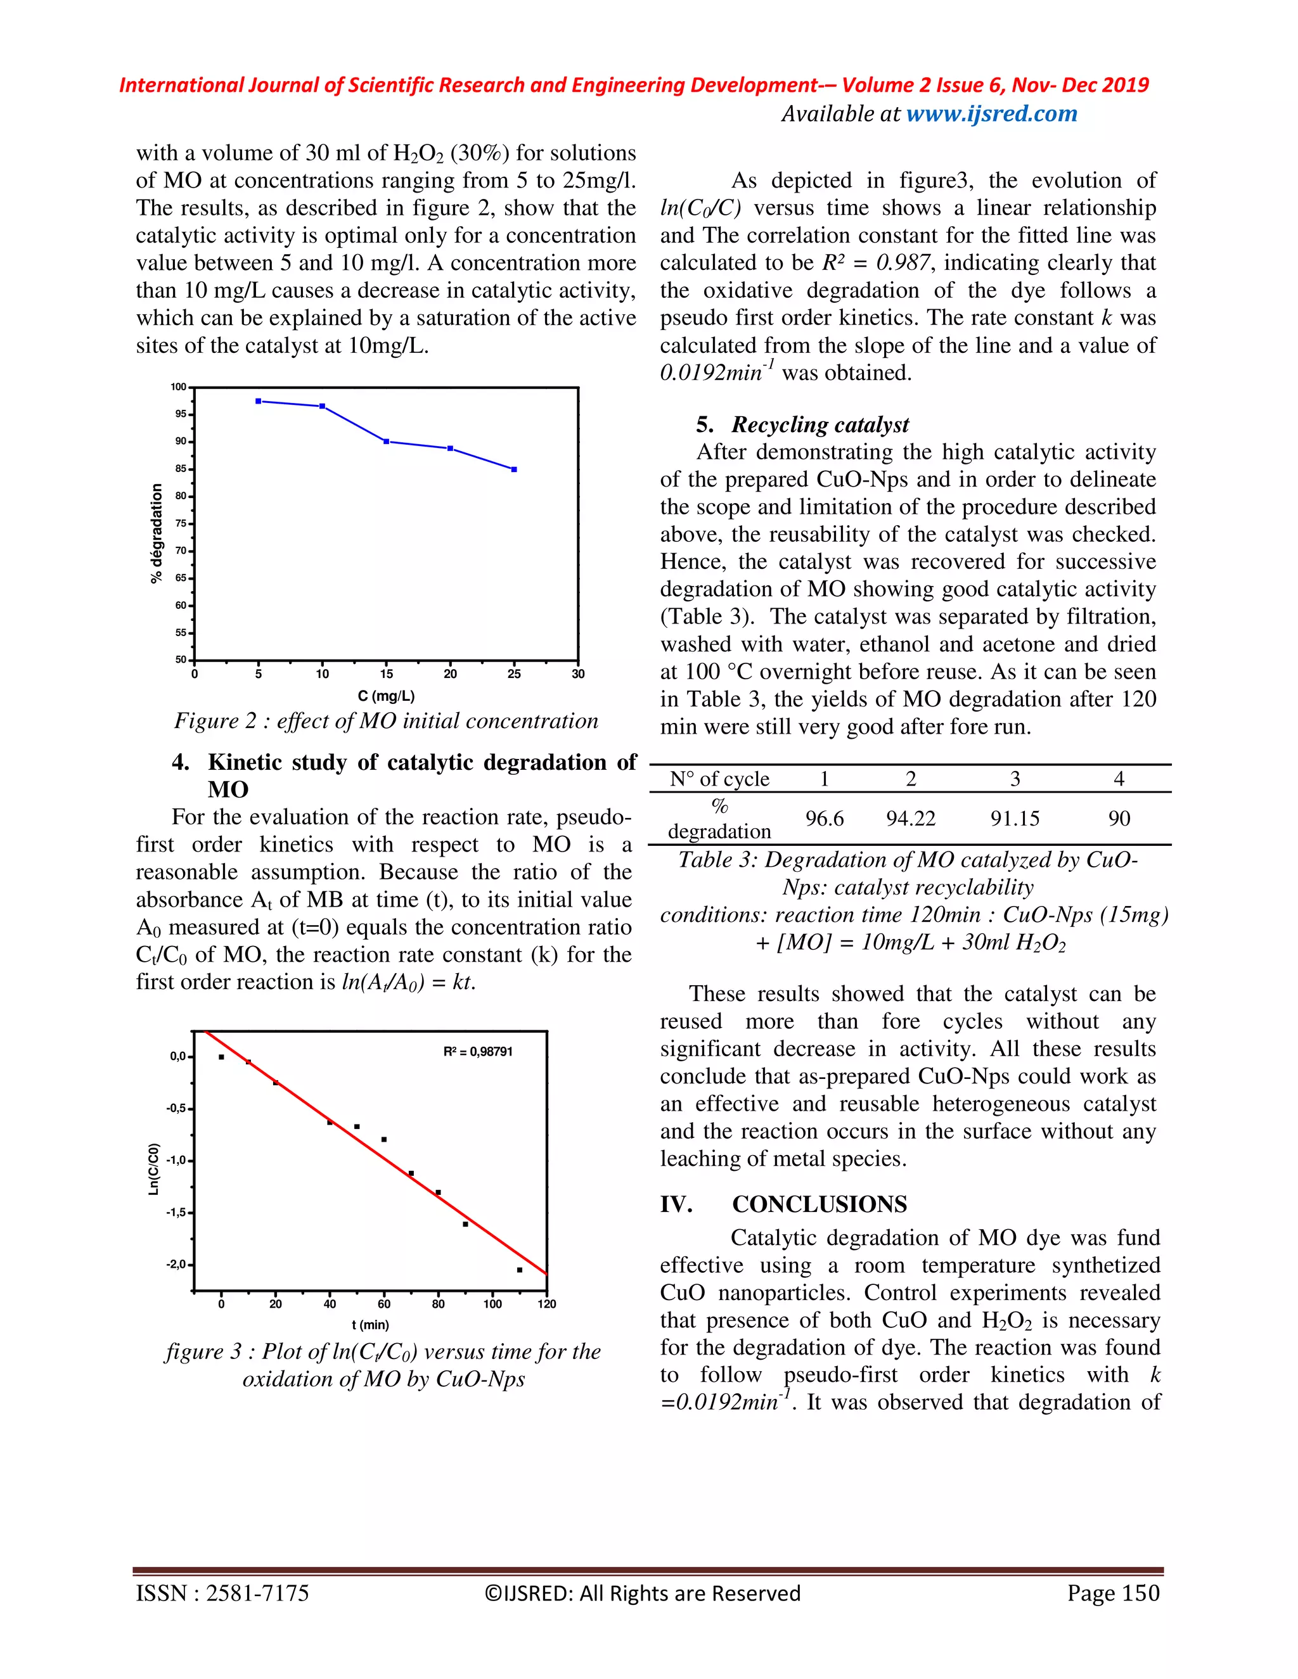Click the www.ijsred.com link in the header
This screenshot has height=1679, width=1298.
pyautogui.click(x=991, y=114)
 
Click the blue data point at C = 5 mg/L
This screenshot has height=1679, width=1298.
pyautogui.click(x=259, y=401)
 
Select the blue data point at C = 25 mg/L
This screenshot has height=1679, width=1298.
pyautogui.click(x=513, y=469)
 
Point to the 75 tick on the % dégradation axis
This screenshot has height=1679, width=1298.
pyautogui.click(x=181, y=523)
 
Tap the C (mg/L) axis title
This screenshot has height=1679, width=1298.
pyautogui.click(x=386, y=696)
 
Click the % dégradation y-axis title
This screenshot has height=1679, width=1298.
pyautogui.click(x=157, y=533)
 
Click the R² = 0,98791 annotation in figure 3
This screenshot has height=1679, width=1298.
pyautogui.click(x=477, y=1052)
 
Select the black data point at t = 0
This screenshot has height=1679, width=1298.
pyautogui.click(x=221, y=1057)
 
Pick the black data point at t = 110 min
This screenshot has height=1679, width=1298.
pyautogui.click(x=519, y=1270)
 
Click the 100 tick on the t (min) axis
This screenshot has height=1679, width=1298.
pyautogui.click(x=492, y=1304)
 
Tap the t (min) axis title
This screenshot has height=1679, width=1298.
pyautogui.click(x=371, y=1325)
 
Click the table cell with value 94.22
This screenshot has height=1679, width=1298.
pyautogui.click(x=911, y=818)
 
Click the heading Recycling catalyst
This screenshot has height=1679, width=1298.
pyautogui.click(x=819, y=425)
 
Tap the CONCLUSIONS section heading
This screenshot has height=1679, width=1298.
pyautogui.click(x=819, y=1204)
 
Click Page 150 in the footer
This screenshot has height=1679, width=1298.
pyautogui.click(x=1113, y=1593)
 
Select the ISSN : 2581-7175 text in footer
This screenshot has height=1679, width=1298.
pyautogui.click(x=222, y=1593)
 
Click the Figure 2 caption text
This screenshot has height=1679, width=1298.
pyautogui.click(x=386, y=721)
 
